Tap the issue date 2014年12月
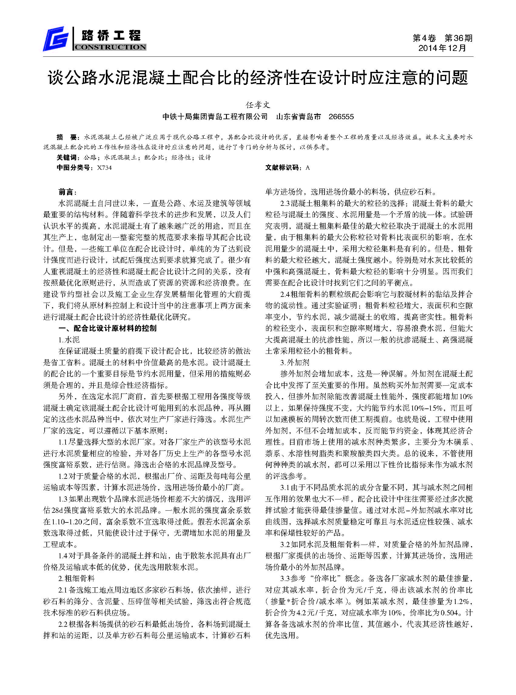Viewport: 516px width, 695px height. click(442, 48)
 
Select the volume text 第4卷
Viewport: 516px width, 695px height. click(424, 38)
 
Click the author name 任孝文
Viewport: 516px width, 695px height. click(258, 105)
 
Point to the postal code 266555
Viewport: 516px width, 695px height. click(341, 117)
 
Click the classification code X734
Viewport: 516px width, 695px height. click(104, 168)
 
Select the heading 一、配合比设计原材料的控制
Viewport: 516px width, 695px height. click(107, 328)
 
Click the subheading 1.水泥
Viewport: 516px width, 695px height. click(69, 340)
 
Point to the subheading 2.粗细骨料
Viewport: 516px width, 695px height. click(76, 579)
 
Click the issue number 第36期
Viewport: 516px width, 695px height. click(458, 38)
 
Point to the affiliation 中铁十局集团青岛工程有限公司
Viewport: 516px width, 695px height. click(215, 117)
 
